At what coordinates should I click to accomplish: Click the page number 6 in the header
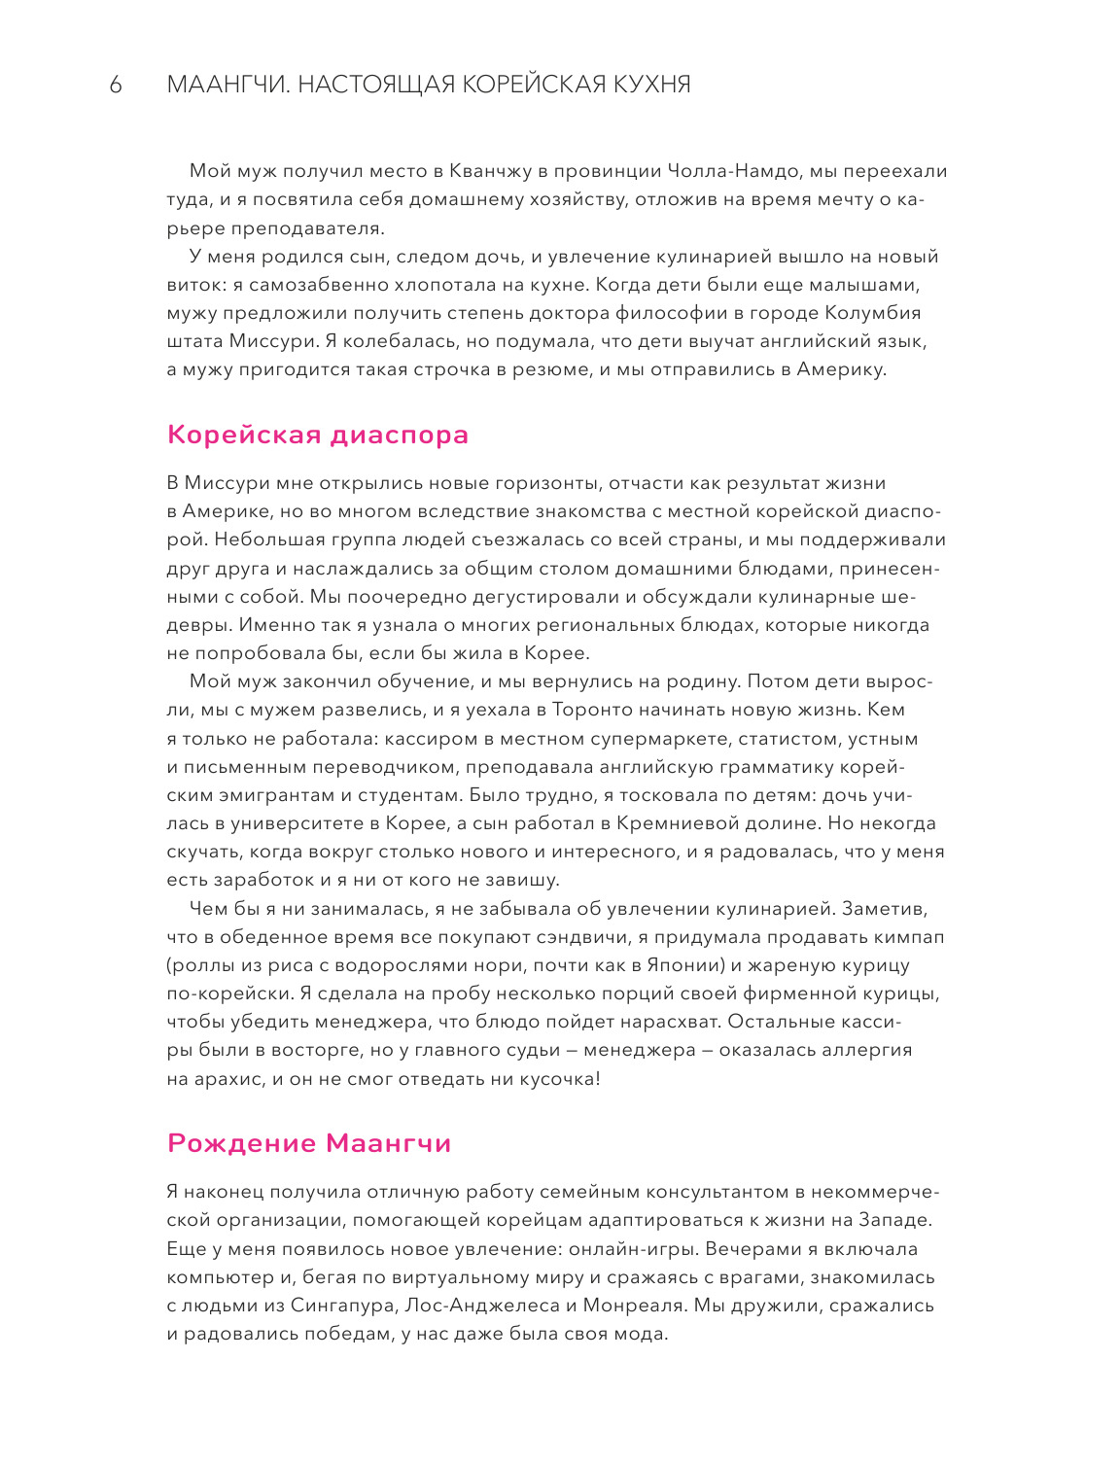coord(116,86)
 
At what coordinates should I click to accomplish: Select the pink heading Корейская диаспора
coord(318,435)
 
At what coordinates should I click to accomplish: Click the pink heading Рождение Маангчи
coord(309,1143)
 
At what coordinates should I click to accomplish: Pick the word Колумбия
coord(873,313)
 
